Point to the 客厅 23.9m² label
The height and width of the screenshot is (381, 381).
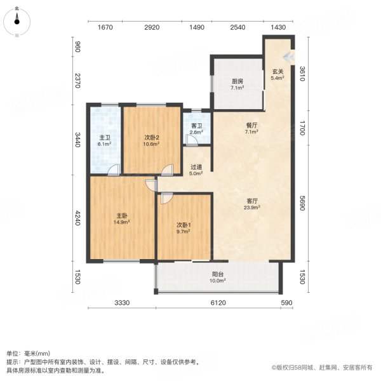click(x=252, y=204)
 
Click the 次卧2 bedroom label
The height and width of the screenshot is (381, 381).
click(x=150, y=140)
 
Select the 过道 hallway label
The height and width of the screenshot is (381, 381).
click(x=197, y=170)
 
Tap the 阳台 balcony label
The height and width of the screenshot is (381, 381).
click(x=217, y=278)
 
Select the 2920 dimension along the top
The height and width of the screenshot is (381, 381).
click(x=151, y=27)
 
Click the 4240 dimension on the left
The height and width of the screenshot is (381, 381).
click(x=78, y=218)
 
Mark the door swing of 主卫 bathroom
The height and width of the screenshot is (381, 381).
click(x=112, y=170)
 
